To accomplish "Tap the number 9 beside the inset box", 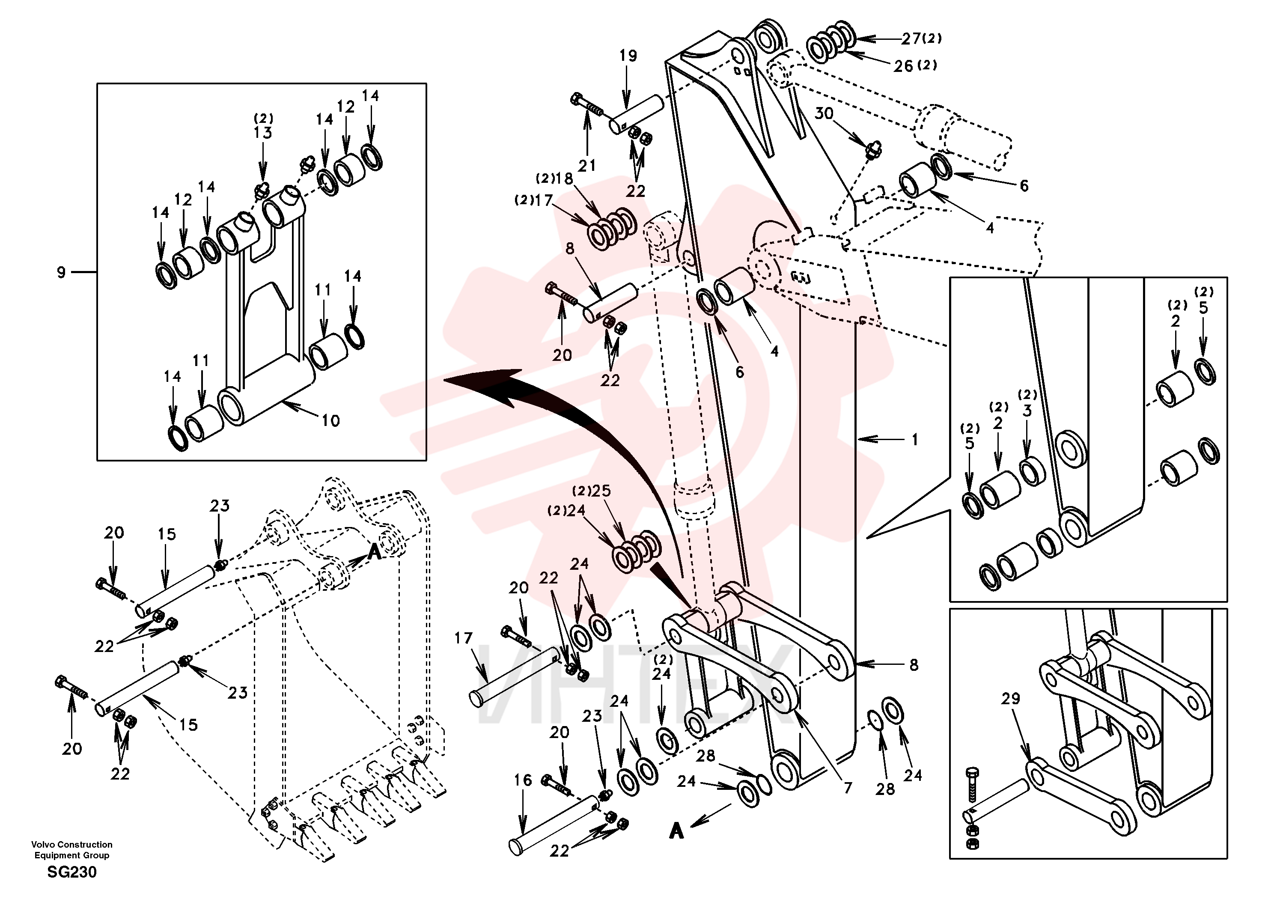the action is [x=62, y=272].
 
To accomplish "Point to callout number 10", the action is [x=331, y=421].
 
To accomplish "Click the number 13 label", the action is [x=262, y=133].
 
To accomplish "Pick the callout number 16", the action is [x=523, y=780].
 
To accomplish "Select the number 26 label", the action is [x=903, y=66].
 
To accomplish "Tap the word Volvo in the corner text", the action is [x=43, y=845].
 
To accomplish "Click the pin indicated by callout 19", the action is [x=637, y=115].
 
